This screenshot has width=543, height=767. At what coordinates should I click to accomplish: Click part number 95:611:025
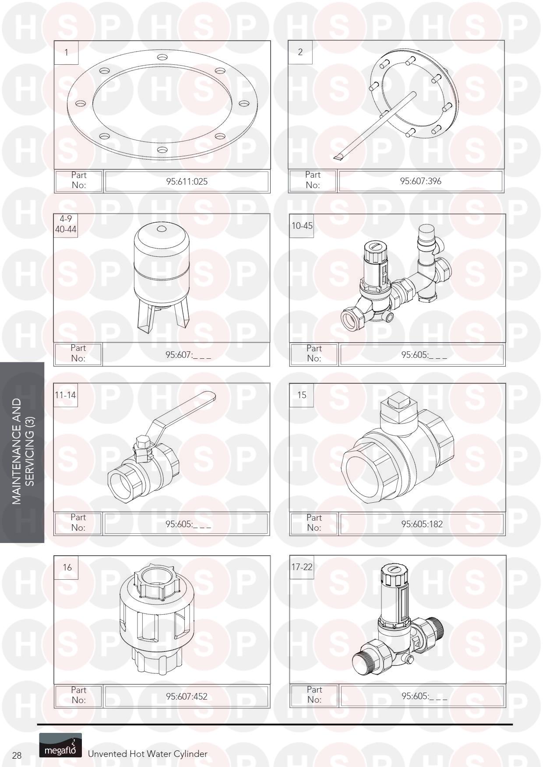(x=187, y=181)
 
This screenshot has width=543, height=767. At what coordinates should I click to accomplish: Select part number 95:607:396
(x=420, y=181)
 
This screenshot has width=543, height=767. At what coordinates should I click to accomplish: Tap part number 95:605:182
(x=422, y=524)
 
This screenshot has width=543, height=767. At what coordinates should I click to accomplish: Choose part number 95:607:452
(x=187, y=696)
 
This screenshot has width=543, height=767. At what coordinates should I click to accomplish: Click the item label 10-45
(x=302, y=226)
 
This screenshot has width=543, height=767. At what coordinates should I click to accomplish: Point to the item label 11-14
(x=65, y=395)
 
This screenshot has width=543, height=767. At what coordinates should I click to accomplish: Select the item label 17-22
(x=302, y=567)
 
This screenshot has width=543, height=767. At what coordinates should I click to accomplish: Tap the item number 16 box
(x=66, y=567)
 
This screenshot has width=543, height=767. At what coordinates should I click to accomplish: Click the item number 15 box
(x=302, y=395)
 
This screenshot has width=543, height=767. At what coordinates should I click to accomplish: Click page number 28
(x=17, y=756)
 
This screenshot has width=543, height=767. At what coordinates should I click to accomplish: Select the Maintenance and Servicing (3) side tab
(x=22, y=452)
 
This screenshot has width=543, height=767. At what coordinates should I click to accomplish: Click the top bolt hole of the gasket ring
(x=162, y=57)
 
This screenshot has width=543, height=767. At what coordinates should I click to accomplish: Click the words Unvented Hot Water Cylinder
(x=148, y=754)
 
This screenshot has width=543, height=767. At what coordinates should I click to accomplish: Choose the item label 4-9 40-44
(x=66, y=224)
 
